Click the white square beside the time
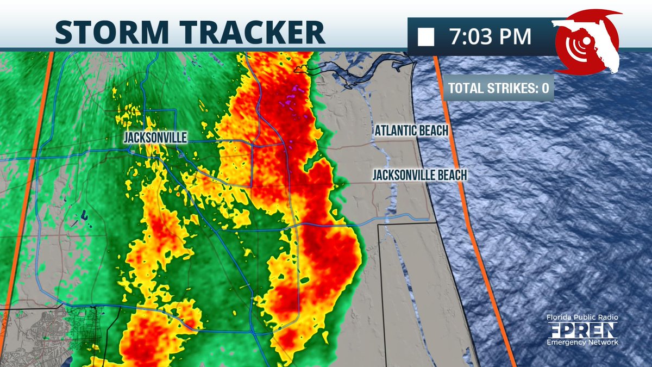[426, 37]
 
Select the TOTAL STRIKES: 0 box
[498, 88]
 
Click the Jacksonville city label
[155, 139]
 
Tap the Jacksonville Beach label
[419, 175]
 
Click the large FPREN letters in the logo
[582, 329]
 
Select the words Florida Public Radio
[582, 318]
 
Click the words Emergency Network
[582, 342]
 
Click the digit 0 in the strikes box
[545, 88]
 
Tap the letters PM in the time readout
[515, 36]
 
